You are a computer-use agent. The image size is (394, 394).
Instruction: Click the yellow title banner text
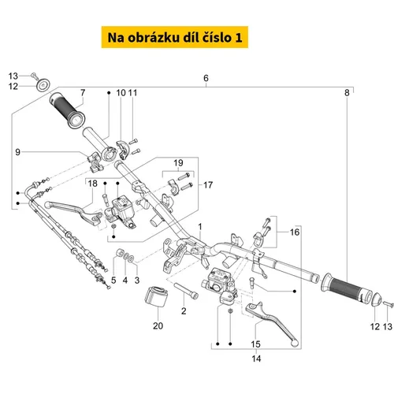[175, 38]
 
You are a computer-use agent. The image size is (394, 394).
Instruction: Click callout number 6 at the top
[206, 78]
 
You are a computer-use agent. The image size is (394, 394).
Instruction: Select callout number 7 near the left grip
[83, 92]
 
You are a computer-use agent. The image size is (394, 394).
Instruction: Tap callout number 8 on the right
[347, 93]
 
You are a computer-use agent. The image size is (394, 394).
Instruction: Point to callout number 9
[17, 152]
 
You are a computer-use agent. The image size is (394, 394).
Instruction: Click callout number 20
[158, 325]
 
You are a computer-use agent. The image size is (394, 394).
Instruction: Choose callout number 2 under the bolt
[184, 311]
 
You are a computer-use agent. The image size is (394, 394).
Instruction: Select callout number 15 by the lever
[255, 344]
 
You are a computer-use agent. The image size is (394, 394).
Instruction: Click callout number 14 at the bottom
[256, 359]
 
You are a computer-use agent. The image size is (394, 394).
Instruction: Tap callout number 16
[295, 232]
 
